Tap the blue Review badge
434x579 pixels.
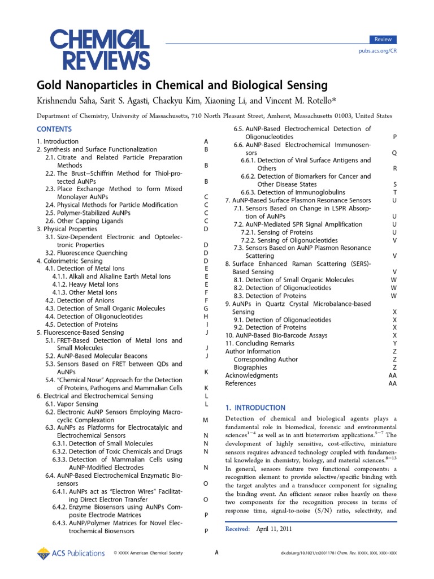point(383,40)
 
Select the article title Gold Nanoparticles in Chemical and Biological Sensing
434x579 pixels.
point(182,85)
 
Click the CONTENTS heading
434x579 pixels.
point(54,129)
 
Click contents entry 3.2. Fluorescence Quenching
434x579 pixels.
point(86,253)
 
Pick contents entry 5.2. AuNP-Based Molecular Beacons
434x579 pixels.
point(96,356)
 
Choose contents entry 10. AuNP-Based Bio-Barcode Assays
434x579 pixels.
point(276,335)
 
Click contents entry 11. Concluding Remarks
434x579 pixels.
point(259,343)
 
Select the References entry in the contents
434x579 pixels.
point(240,383)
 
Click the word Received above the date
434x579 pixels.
point(237,529)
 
